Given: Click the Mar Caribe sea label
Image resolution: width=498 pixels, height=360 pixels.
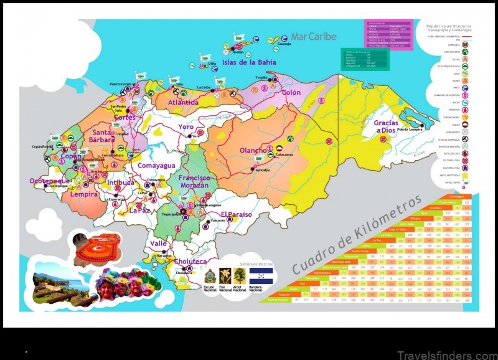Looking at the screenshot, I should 314,37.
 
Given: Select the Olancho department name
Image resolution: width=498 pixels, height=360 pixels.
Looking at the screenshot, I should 253,150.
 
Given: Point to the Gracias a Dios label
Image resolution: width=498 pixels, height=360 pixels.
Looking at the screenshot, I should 385,127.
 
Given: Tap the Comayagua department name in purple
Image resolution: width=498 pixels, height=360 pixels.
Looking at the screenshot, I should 156,166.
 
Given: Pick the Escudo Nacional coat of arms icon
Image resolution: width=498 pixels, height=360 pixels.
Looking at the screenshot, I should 210,275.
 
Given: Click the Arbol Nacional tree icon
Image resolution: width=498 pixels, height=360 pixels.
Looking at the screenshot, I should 240,274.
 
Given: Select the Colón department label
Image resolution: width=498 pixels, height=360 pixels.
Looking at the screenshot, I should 291,92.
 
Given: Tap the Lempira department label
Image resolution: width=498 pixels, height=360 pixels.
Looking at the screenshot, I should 83,194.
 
